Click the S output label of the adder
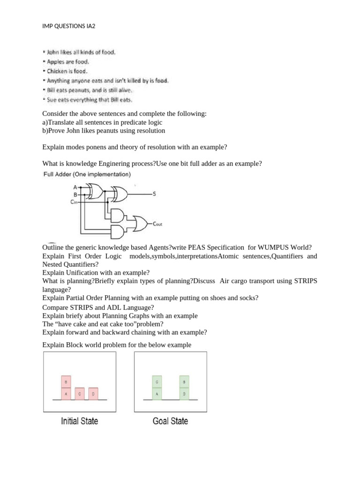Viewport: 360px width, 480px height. tap(154, 193)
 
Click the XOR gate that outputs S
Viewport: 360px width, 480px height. tap(119, 193)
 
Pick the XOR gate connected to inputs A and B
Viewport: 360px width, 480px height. tap(95, 190)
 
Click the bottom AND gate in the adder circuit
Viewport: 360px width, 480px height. tap(118, 231)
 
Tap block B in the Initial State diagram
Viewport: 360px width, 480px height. tap(66, 382)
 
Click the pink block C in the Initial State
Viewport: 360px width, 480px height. tap(80, 394)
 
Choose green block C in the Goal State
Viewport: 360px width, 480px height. tap(157, 382)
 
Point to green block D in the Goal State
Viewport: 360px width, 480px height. tap(184, 394)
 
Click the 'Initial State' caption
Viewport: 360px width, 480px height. tap(80, 421)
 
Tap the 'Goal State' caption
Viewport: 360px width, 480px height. tap(170, 421)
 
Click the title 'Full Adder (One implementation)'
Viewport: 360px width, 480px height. tap(87, 174)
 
